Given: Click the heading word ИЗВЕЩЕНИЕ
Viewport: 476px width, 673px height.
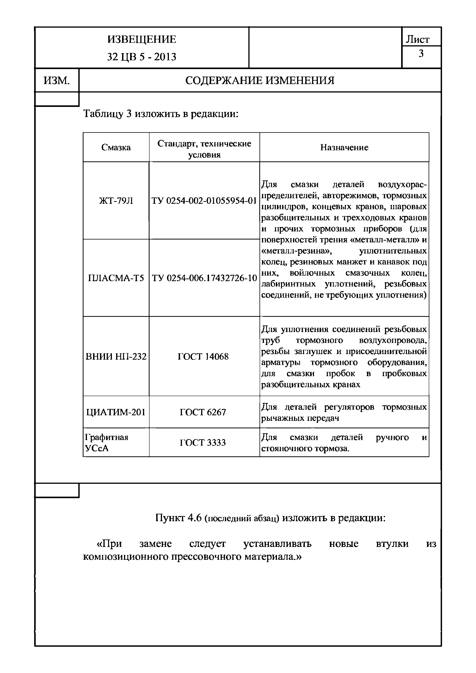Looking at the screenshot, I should coord(142,39).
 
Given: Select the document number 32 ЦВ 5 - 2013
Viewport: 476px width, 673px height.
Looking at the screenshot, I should coord(142,57).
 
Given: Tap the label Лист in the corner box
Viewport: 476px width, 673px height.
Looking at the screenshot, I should coord(417,40).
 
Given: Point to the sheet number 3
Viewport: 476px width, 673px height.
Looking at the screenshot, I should coord(421,54).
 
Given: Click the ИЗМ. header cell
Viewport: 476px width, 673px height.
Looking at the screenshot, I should coord(57,80).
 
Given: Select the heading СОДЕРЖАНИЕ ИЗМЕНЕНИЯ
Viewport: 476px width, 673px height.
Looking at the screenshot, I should coord(260,80).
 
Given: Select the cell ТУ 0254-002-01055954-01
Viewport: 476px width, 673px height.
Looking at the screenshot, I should coord(204,201).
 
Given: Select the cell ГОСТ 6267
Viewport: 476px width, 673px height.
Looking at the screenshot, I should coord(203,412).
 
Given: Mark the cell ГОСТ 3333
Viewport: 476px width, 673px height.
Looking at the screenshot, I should coord(203,442).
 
